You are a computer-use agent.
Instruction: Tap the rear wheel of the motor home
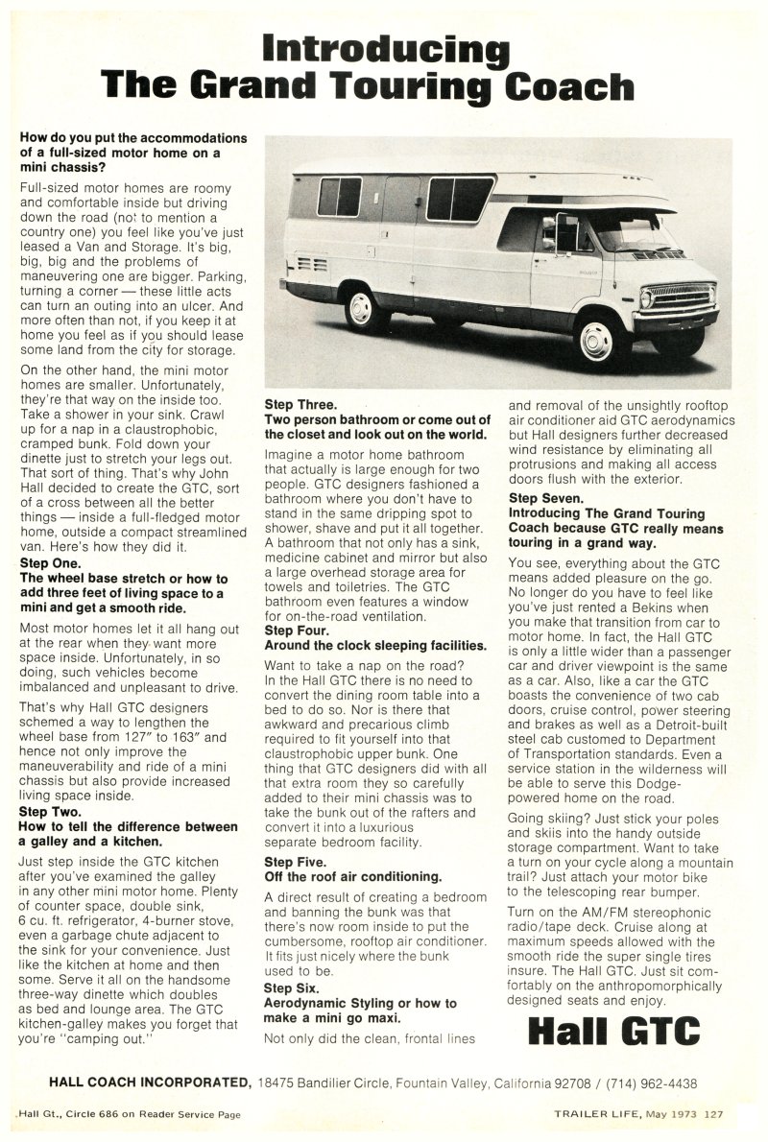[362, 309]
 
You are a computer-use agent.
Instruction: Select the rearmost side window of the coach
[339, 197]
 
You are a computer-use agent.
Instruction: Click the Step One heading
[52, 563]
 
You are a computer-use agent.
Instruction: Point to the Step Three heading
[300, 404]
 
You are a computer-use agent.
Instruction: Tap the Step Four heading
[297, 630]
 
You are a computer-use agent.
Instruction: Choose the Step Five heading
[295, 862]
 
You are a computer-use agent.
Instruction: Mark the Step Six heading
[292, 987]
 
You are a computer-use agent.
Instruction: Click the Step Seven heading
[545, 498]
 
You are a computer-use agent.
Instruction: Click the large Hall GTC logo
[614, 1033]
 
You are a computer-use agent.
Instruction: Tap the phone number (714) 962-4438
[650, 1083]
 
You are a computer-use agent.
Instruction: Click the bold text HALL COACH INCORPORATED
[150, 1083]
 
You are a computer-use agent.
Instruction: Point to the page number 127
[712, 1114]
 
